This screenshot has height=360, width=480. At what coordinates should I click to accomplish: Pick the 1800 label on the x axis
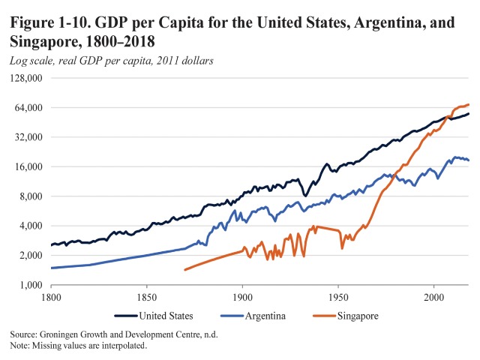pyautogui.click(x=51, y=298)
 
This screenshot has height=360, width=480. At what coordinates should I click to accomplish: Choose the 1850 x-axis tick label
pyautogui.click(x=146, y=298)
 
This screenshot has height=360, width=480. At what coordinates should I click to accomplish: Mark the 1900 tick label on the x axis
pyautogui.click(x=242, y=298)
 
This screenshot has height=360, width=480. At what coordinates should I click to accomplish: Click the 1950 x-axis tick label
pyautogui.click(x=338, y=298)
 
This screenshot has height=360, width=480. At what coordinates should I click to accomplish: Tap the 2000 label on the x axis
pyautogui.click(x=433, y=298)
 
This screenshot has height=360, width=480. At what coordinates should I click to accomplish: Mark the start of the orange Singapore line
pyautogui.click(x=184, y=269)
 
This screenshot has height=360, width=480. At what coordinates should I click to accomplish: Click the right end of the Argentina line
pyautogui.click(x=469, y=160)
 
